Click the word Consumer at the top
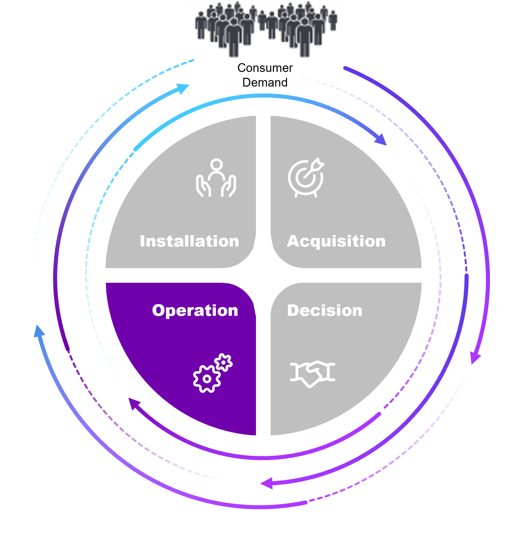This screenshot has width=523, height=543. (265, 68)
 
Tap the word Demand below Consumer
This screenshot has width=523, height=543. (265, 82)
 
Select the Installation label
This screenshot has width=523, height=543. (189, 241)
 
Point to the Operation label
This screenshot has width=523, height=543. (195, 311)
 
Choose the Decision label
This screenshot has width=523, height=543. (325, 310)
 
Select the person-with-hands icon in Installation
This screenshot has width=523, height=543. (216, 178)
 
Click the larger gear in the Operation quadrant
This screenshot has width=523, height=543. (207, 379)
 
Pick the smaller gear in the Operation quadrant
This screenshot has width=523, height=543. (224, 363)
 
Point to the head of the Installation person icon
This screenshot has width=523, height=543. (217, 164)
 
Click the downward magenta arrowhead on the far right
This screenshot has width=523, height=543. (475, 358)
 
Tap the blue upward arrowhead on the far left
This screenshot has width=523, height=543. (39, 331)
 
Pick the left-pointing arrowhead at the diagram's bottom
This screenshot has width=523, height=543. (266, 483)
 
